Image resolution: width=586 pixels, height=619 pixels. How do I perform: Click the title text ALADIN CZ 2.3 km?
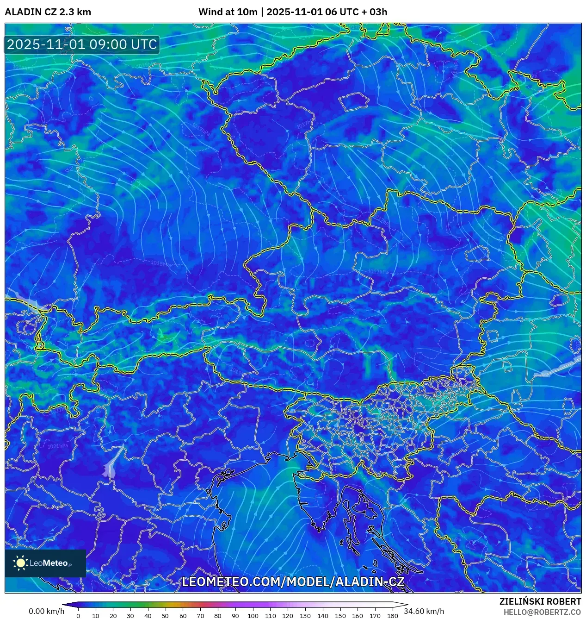tap(48, 12)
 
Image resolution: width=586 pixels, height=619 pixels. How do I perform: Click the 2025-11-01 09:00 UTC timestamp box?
tap(82, 44)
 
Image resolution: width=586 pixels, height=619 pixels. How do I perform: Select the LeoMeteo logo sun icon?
tap(20, 563)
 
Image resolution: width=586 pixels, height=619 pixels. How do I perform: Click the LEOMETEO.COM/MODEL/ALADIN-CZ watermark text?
tap(293, 582)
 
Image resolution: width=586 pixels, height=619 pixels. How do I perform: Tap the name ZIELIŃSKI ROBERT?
tap(540, 601)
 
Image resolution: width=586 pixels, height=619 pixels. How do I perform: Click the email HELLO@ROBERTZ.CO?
tap(542, 612)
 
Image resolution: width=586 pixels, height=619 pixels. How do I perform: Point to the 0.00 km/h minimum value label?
tap(46, 611)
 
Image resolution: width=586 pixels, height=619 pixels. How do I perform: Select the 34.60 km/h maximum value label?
tap(424, 611)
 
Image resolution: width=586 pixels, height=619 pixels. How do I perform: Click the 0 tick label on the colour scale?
tap(78, 616)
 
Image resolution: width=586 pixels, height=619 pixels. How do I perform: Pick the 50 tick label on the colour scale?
tap(165, 616)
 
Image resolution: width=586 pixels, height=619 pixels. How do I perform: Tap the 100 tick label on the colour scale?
tap(253, 616)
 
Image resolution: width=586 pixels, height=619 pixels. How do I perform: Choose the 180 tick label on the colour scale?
tap(392, 616)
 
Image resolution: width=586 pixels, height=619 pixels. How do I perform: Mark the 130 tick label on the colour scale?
tap(305, 616)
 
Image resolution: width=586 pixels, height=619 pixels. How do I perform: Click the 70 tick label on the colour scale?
tap(200, 616)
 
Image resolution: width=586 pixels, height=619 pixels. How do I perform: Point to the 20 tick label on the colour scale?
tap(113, 616)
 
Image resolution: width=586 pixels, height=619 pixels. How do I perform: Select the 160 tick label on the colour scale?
tap(357, 616)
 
